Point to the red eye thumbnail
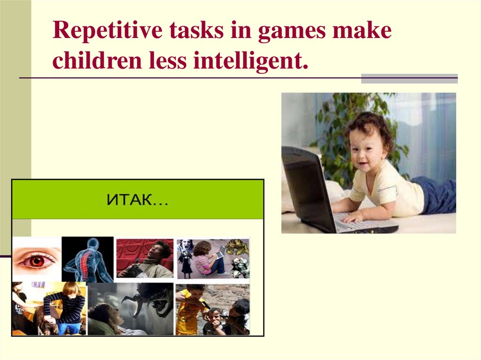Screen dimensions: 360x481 [x=36, y=259]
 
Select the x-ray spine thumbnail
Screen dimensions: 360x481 [x=87, y=259]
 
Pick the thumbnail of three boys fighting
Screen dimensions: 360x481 [x=213, y=309]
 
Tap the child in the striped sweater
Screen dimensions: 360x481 [x=63, y=307]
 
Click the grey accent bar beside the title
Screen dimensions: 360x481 [x=409, y=78]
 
